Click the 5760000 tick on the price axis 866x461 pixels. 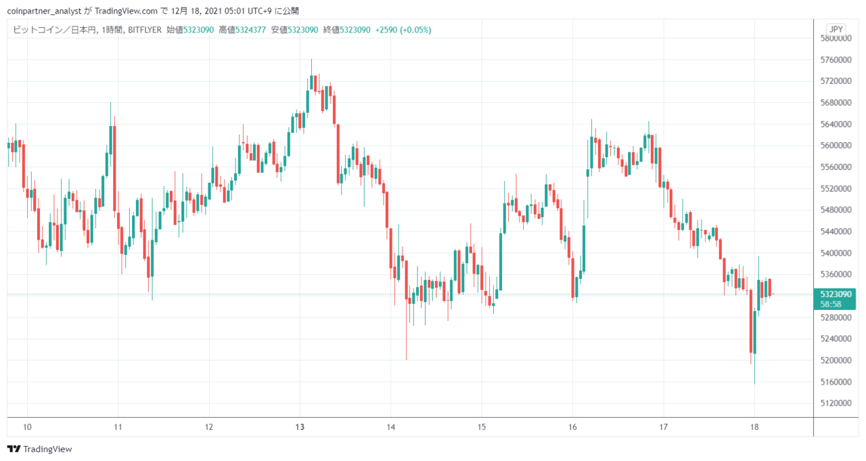836,60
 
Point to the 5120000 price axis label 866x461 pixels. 836,403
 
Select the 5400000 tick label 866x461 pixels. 836,253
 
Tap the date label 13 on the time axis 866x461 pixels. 300,427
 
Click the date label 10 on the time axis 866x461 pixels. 27,427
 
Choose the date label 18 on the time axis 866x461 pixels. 754,427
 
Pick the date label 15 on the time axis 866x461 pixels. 481,427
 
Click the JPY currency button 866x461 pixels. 836,29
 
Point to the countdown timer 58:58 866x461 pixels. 831,305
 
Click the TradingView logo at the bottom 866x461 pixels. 40,449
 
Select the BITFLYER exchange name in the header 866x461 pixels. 145,30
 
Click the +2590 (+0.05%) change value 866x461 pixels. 403,30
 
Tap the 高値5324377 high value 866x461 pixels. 242,30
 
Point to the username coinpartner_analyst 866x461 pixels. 44,12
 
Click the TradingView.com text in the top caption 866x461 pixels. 126,12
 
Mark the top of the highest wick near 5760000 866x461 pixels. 311,60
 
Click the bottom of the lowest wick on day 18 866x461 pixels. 754,384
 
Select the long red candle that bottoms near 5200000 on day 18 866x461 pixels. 751,321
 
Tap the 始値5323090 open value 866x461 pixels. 190,30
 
